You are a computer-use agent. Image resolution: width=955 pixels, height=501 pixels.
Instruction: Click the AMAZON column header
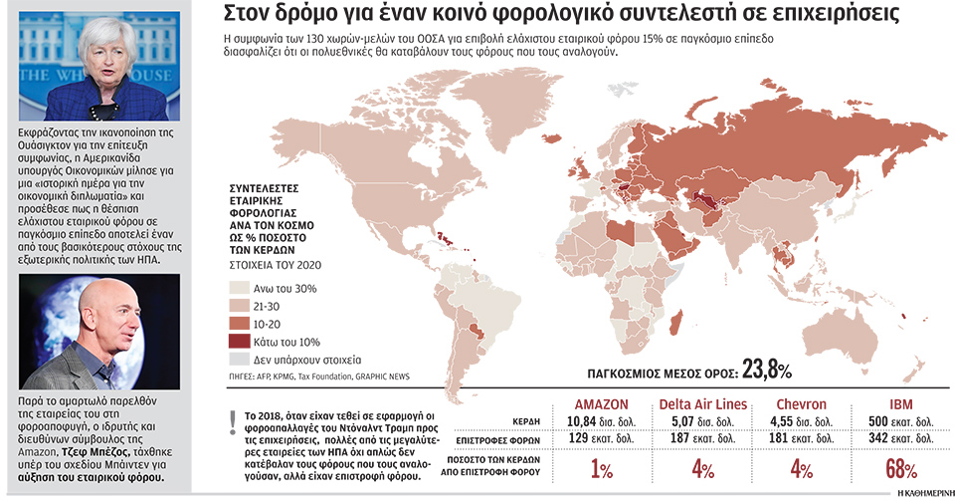(x=603, y=403)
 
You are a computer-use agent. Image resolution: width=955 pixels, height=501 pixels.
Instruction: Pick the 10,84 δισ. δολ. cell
(x=603, y=421)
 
